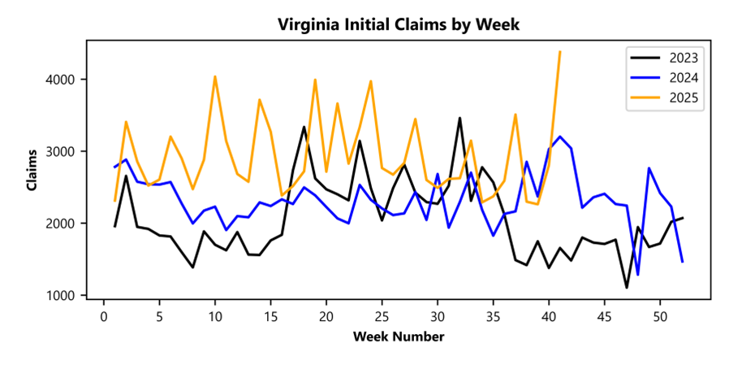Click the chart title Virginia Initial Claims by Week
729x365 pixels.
click(x=398, y=25)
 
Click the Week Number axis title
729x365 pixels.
click(x=398, y=336)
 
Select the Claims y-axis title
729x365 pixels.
click(x=32, y=170)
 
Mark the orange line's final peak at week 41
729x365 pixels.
click(x=560, y=52)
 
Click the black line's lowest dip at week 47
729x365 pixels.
click(x=627, y=287)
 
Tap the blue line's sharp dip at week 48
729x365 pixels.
click(x=638, y=275)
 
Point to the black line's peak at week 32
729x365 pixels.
click(x=459, y=118)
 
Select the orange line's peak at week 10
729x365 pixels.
click(x=215, y=76)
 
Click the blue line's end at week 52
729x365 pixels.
click(x=683, y=262)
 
